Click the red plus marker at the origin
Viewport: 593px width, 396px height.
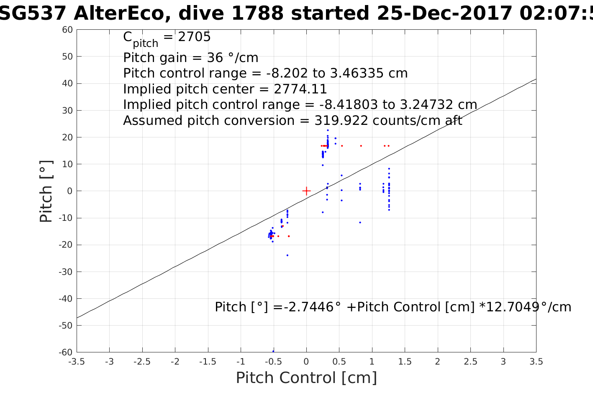point(306,191)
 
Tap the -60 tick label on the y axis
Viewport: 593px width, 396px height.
point(65,352)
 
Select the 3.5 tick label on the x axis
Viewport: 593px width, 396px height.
point(536,362)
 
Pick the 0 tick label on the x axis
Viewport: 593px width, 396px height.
point(306,362)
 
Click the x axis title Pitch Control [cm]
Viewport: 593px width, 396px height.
point(306,378)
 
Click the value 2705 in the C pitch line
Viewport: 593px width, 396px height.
point(194,37)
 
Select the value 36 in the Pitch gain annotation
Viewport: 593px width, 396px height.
point(214,57)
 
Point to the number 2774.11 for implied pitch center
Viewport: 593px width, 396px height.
point(300,89)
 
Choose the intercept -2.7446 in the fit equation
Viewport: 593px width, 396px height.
point(308,307)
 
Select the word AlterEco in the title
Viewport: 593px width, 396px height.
point(121,13)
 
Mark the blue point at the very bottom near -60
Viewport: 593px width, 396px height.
point(273,351)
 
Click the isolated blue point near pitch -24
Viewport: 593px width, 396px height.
point(287,255)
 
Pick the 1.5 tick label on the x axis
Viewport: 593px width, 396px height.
point(405,362)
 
